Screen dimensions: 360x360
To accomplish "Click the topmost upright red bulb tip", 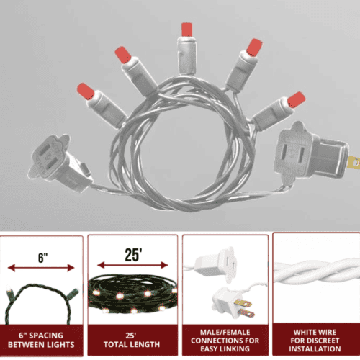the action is [186, 30].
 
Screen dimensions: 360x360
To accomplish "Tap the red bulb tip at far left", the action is [86, 91].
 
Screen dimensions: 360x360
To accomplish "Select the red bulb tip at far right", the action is [297, 99].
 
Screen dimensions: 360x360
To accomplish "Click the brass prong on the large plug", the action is [354, 163].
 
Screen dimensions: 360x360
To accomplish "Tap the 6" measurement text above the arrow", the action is [42, 258].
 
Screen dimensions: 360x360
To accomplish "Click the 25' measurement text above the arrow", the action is [133, 255].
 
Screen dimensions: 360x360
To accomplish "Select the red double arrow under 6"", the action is [41, 268].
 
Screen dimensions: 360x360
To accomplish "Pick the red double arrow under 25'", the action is [132, 265].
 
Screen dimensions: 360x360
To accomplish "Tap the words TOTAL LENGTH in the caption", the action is [132, 344].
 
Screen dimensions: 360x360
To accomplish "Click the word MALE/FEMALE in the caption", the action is [225, 332].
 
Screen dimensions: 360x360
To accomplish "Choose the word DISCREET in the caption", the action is [324, 341].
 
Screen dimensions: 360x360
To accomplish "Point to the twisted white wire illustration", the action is [316, 271].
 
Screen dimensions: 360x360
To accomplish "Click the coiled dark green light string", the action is [132, 294].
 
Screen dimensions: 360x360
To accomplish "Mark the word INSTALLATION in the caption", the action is [315, 348].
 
